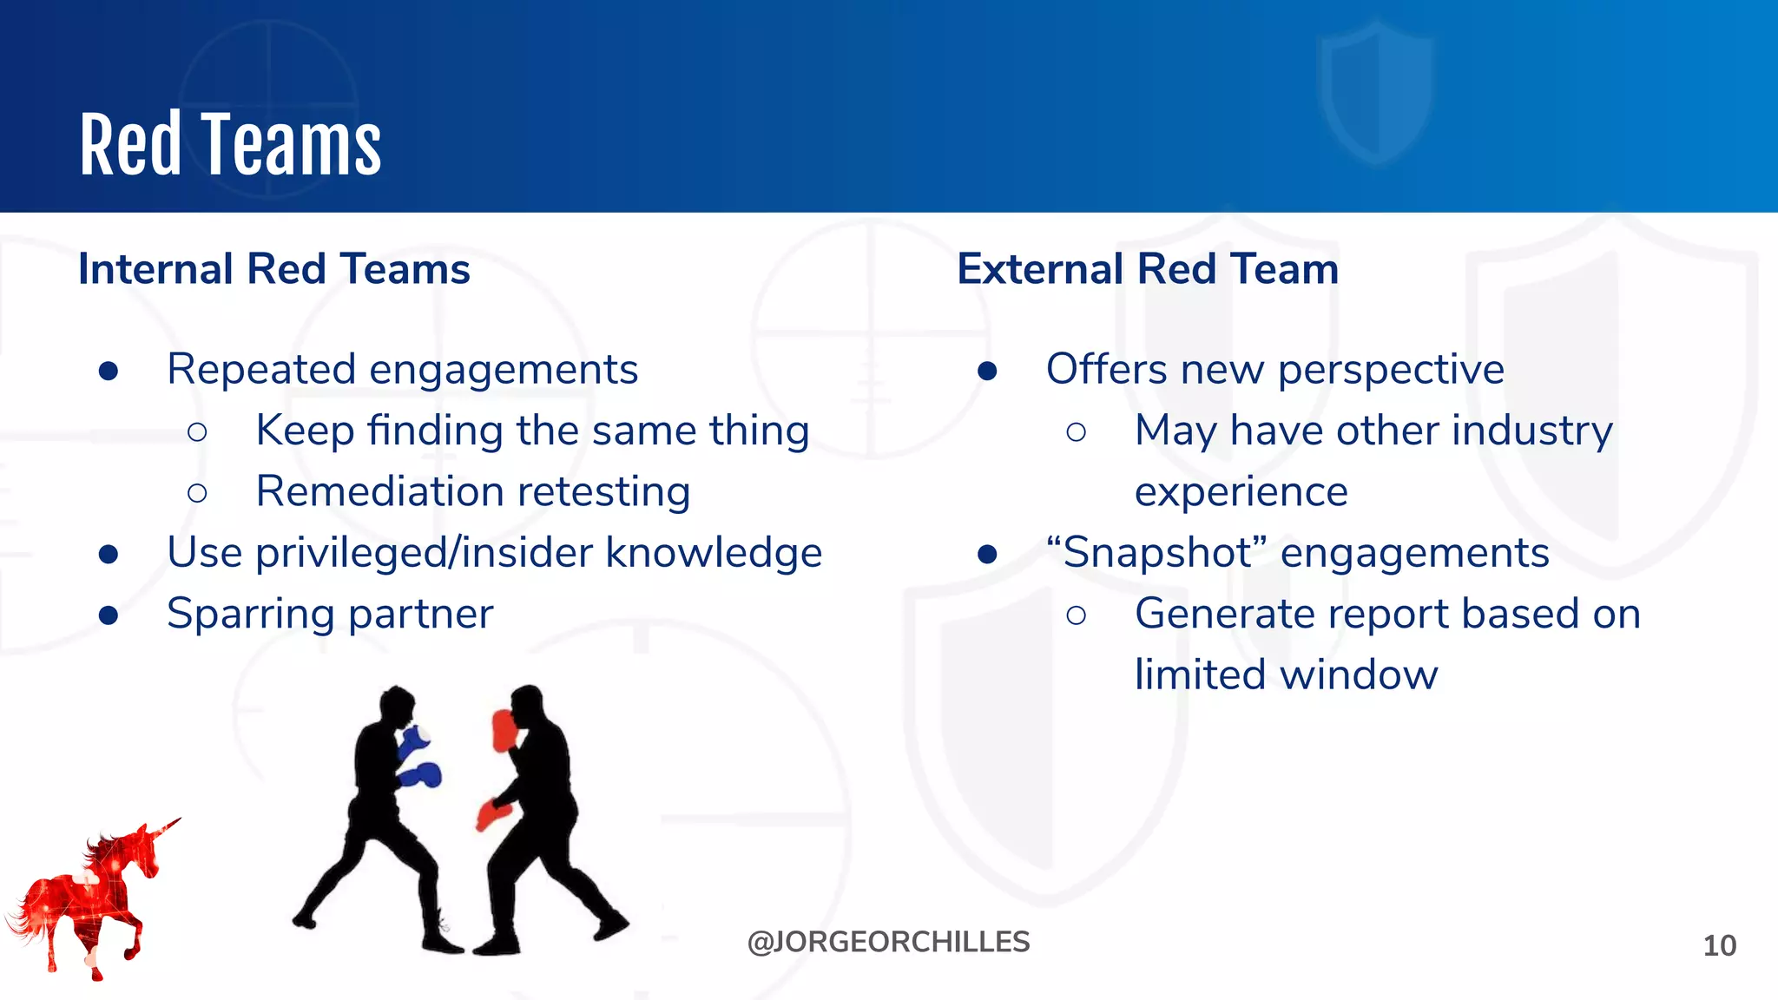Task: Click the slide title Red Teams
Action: click(230, 145)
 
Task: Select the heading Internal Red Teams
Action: click(274, 269)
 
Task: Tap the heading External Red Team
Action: click(1148, 269)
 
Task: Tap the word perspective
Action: click(1391, 371)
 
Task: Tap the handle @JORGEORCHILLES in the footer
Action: click(888, 943)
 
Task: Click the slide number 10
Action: click(1719, 945)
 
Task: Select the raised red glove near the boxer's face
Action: click(504, 729)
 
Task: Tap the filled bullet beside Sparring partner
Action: click(109, 615)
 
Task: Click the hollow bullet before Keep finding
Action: click(197, 431)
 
